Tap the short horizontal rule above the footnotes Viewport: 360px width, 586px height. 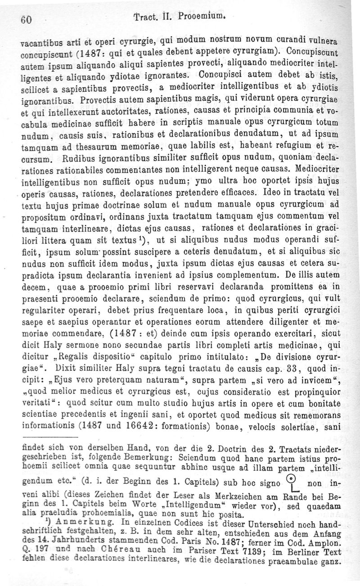click(x=47, y=436)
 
